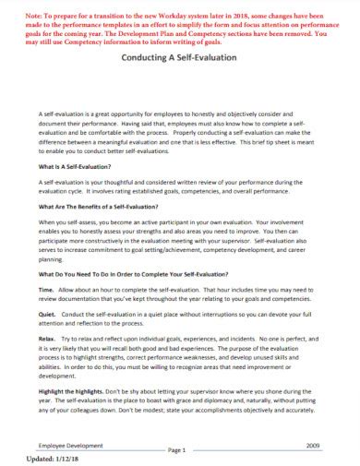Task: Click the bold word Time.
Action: [x=46, y=290]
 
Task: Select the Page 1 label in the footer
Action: [x=178, y=450]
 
